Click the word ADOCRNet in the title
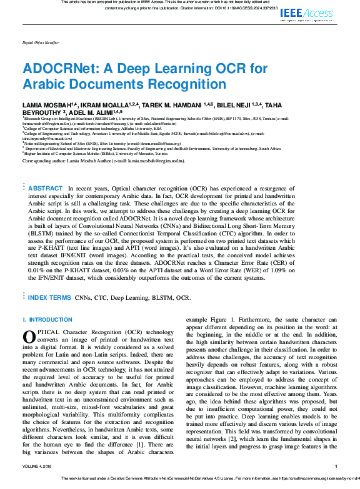(x=55, y=69)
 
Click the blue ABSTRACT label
(x=46, y=188)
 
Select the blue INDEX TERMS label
(x=49, y=298)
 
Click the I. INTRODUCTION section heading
(x=47, y=319)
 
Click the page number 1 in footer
(x=336, y=466)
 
